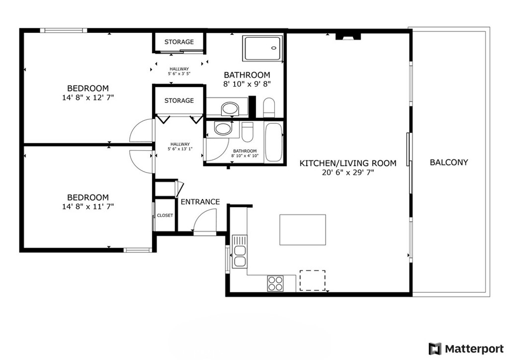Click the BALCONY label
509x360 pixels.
coord(449,162)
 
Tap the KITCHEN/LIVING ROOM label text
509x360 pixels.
coord(348,163)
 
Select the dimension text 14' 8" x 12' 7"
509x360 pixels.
coord(88,98)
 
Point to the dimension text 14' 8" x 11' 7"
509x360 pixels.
coord(88,206)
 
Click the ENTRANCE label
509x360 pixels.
coord(200,202)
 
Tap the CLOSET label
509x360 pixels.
coord(165,215)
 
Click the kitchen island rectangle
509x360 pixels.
coord(302,230)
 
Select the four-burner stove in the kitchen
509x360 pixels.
coord(275,283)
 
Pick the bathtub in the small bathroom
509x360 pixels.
coord(273,142)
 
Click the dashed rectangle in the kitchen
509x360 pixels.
coord(312,280)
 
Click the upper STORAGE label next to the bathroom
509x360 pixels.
coord(179,42)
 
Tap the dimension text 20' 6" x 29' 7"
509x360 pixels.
coord(348,173)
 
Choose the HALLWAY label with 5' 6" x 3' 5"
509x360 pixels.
coord(179,71)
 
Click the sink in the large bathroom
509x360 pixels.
coord(230,108)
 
